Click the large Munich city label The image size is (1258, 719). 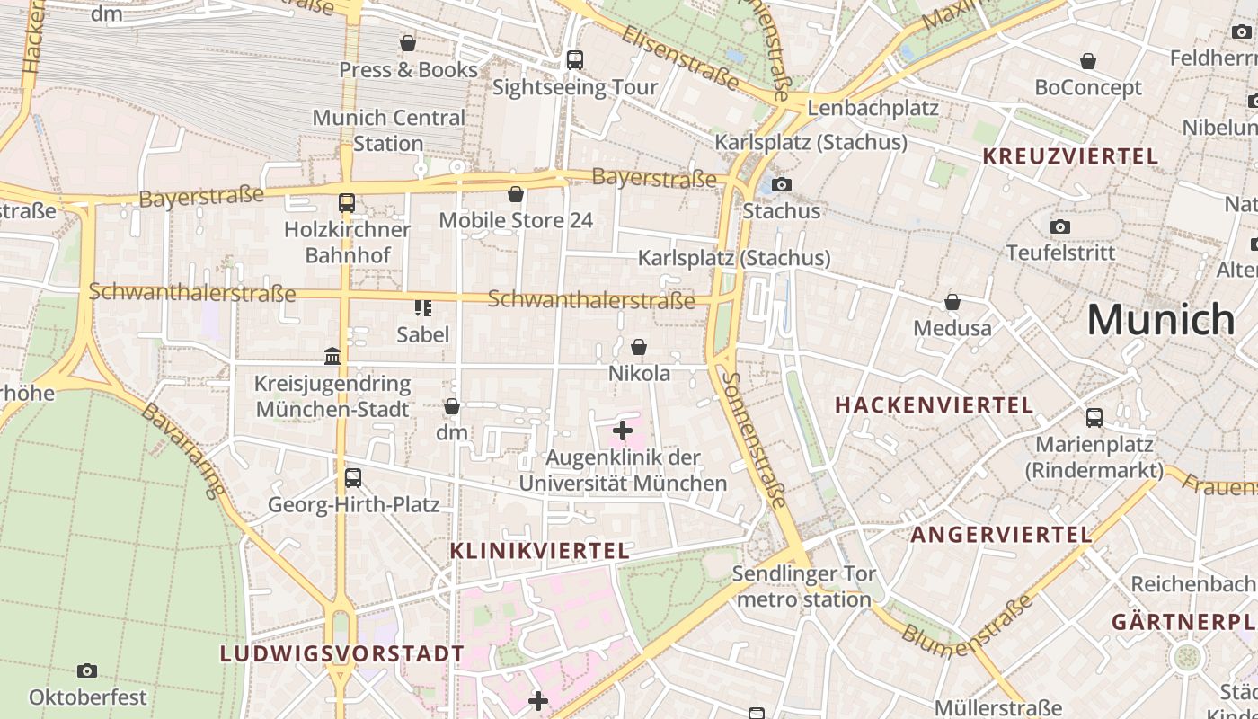click(1161, 319)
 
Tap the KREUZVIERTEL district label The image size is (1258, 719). click(1070, 156)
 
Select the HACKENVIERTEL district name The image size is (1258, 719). click(935, 405)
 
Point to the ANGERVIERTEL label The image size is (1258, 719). click(1002, 535)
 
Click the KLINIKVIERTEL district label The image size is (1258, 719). click(539, 551)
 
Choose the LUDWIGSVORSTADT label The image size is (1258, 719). click(342, 653)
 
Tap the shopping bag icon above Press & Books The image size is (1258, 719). click(408, 43)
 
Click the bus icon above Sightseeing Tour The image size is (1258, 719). click(575, 60)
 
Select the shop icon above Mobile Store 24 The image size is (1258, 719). click(516, 194)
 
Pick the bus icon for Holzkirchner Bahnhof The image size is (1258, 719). click(347, 203)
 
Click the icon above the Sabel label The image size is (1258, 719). click(422, 308)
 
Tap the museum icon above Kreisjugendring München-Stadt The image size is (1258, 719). click(332, 357)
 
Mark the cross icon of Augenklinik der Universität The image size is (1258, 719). click(623, 431)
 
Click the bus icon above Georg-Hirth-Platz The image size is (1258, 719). click(353, 478)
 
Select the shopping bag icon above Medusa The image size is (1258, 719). click(952, 302)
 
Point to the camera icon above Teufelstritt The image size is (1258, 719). click(1060, 226)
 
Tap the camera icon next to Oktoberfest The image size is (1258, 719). click(87, 671)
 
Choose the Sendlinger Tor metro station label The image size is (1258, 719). click(804, 586)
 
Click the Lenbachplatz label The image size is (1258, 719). click(873, 108)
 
